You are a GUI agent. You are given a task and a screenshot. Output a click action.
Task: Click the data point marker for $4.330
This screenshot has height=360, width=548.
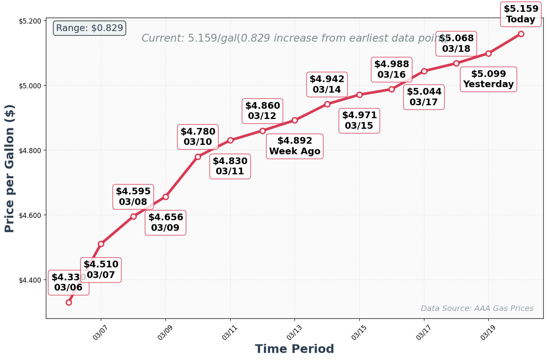coord(69,302)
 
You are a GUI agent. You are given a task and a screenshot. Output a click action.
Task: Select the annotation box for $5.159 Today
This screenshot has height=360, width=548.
coord(521,14)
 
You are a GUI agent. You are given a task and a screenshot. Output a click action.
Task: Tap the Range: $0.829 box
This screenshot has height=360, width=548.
coord(89,28)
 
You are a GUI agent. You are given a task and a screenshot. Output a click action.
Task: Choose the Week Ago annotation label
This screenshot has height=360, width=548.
coord(295,146)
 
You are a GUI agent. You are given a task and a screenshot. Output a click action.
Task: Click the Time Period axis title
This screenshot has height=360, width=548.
coord(294,349)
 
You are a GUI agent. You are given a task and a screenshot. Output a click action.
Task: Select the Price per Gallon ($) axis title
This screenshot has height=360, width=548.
coord(10,168)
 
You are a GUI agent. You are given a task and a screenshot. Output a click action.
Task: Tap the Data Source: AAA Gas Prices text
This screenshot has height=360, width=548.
coord(477,309)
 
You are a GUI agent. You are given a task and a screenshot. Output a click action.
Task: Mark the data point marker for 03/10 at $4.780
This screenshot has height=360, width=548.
coord(198,157)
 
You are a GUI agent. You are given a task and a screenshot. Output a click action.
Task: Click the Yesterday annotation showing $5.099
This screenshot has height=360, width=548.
coord(488,79)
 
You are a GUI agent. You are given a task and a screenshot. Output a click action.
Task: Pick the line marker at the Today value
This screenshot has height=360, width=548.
coord(521,34)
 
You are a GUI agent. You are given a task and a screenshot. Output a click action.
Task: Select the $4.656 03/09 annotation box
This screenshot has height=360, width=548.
coord(166,223)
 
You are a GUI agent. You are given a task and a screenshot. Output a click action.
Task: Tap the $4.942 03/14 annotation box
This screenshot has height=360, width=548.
coord(327,84)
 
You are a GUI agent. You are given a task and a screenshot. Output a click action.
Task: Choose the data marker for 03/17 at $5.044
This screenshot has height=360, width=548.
coord(424,71)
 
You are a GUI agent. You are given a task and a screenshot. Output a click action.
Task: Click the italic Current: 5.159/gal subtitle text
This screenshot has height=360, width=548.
coord(294,38)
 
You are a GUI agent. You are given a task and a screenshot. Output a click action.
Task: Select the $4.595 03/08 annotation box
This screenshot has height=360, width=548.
coord(133,197)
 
